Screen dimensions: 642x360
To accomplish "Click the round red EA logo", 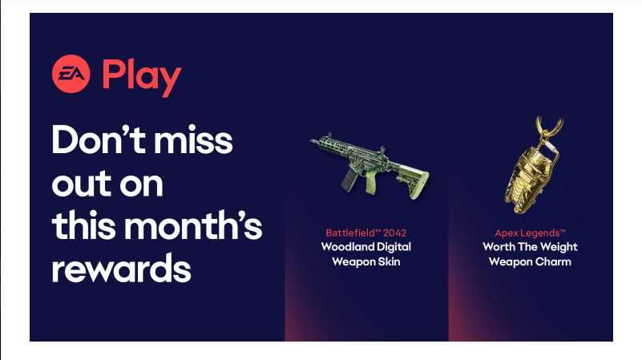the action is pos(71,74).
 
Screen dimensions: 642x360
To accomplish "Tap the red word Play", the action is pos(142,78).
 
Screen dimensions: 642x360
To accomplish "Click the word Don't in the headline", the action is pos(99,140).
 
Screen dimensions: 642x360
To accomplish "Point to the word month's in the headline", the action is pos(193,224).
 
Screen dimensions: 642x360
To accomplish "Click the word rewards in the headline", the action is pos(122,269).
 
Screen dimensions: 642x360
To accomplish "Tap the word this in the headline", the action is pos(84,224).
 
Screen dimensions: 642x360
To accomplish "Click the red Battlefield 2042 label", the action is pos(366,233).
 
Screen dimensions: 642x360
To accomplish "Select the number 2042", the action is pos(394,233).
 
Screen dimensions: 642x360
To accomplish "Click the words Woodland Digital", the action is pos(366,247).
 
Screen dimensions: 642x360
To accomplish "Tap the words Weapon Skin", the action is pos(366,261).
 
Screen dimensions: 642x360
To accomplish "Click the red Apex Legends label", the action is pos(531,233).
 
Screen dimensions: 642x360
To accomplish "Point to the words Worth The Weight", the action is pos(531,247).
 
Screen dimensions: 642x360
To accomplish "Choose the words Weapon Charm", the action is pos(531,261).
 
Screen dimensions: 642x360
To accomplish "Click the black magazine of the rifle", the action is pos(349,179).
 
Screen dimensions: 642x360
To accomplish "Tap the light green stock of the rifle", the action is pos(412,180).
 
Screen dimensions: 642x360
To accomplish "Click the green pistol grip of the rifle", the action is pos(370,182).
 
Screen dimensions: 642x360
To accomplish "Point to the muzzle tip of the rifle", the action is pos(312,141).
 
